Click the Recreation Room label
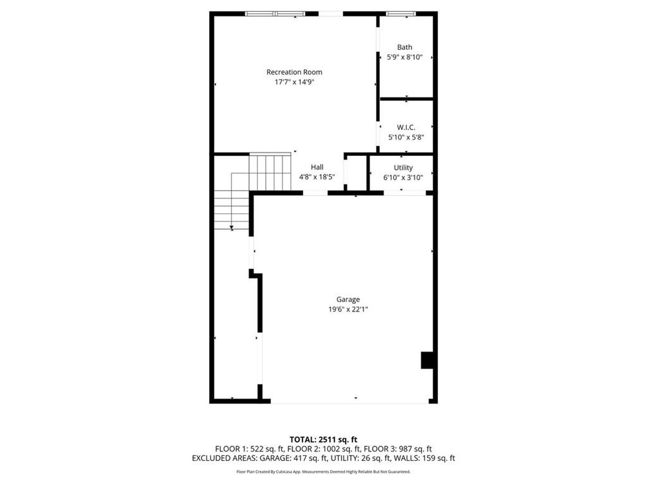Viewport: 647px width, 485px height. click(x=294, y=72)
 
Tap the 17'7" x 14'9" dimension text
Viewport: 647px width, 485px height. click(x=294, y=81)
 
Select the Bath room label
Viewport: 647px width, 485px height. click(x=404, y=47)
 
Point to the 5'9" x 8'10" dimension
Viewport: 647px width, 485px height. click(x=404, y=57)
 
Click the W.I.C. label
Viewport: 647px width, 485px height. click(x=406, y=127)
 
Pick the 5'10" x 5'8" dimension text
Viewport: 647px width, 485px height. click(x=406, y=136)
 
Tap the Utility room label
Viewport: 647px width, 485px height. click(x=403, y=167)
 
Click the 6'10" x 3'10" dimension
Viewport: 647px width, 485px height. click(x=403, y=177)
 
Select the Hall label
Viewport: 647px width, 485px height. click(x=317, y=167)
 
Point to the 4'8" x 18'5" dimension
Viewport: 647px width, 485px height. click(x=317, y=177)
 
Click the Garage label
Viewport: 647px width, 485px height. click(x=348, y=299)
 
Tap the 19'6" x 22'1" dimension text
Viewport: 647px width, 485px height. click(x=348, y=309)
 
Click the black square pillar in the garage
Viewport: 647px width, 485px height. click(x=428, y=359)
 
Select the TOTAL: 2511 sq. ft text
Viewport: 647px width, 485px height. click(x=323, y=440)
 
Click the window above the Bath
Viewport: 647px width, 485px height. click(x=401, y=13)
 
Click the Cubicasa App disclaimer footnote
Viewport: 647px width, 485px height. click(x=323, y=472)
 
